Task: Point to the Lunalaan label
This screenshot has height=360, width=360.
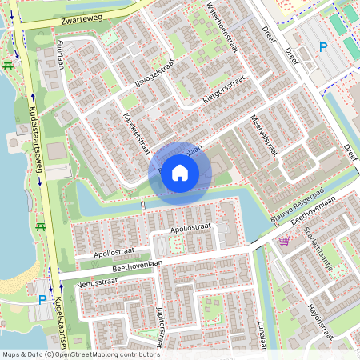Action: [x=262, y=331]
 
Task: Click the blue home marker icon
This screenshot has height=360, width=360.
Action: [x=180, y=173]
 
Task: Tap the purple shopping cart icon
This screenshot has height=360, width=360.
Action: [x=284, y=240]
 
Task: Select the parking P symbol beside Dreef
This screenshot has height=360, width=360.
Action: [x=323, y=47]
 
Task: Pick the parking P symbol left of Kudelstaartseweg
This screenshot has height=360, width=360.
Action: [x=42, y=300]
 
